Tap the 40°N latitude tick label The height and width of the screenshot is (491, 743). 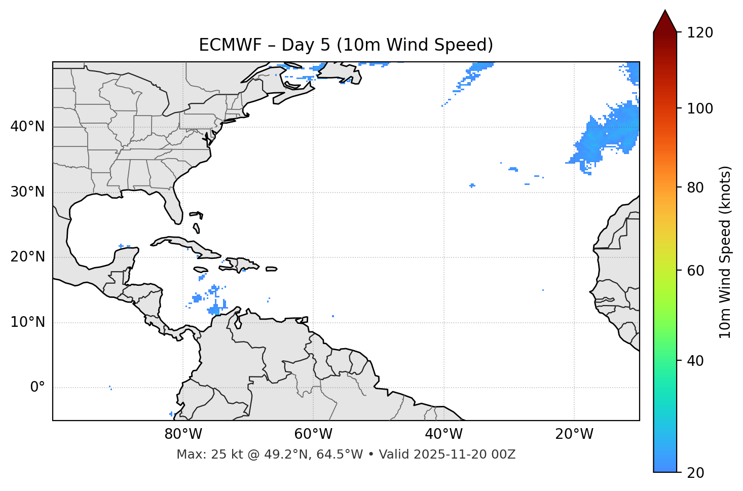point(27,127)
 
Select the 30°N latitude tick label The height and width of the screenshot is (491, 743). point(27,192)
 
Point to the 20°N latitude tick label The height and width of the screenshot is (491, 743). point(27,257)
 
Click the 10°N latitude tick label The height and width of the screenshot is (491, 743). point(27,322)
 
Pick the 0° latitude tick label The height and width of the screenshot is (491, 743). point(38,388)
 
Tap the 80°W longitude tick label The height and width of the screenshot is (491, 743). point(183,434)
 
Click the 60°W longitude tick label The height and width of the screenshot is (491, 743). point(313,434)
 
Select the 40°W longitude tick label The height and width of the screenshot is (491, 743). point(443,434)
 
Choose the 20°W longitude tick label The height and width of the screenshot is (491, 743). point(574,434)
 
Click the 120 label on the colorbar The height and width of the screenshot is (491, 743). point(700,33)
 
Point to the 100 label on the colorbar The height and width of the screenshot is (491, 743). point(700,108)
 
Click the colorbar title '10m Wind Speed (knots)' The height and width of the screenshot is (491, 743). point(725,252)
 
